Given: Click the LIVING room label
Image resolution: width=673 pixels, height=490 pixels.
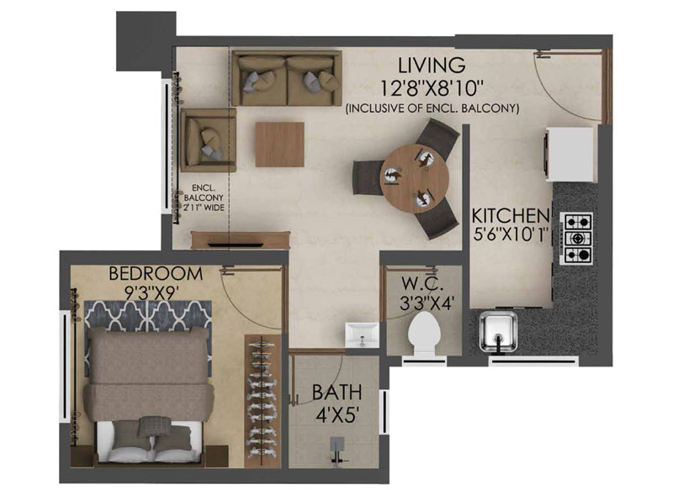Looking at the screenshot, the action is (432, 66).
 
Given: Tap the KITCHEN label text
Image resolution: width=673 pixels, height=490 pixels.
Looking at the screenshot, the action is (511, 216).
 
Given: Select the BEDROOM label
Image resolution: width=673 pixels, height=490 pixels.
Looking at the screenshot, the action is (156, 273).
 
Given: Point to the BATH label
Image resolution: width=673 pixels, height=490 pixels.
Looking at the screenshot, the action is (336, 393).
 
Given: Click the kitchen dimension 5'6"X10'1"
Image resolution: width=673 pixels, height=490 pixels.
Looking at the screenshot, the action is (511, 234).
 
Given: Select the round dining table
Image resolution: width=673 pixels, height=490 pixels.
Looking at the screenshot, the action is (415, 179).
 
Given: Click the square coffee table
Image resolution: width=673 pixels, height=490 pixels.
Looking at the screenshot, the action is (280, 145).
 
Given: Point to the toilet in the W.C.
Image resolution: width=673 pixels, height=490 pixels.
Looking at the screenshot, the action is (421, 333).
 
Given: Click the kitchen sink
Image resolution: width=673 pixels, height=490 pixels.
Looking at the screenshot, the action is (498, 332).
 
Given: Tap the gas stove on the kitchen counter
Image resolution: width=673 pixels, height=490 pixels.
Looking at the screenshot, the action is (576, 238).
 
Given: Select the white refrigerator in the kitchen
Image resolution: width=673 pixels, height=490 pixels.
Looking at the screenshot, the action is (570, 155).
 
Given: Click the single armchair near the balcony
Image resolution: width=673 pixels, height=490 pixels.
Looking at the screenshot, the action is (209, 140).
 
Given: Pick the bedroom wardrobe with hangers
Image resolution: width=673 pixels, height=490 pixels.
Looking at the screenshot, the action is (262, 401).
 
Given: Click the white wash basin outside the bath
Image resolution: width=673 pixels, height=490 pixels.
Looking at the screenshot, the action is (362, 335).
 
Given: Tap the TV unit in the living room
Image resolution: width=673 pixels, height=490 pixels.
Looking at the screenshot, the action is (241, 240).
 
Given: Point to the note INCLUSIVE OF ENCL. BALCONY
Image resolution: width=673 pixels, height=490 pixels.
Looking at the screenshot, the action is (432, 108).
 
